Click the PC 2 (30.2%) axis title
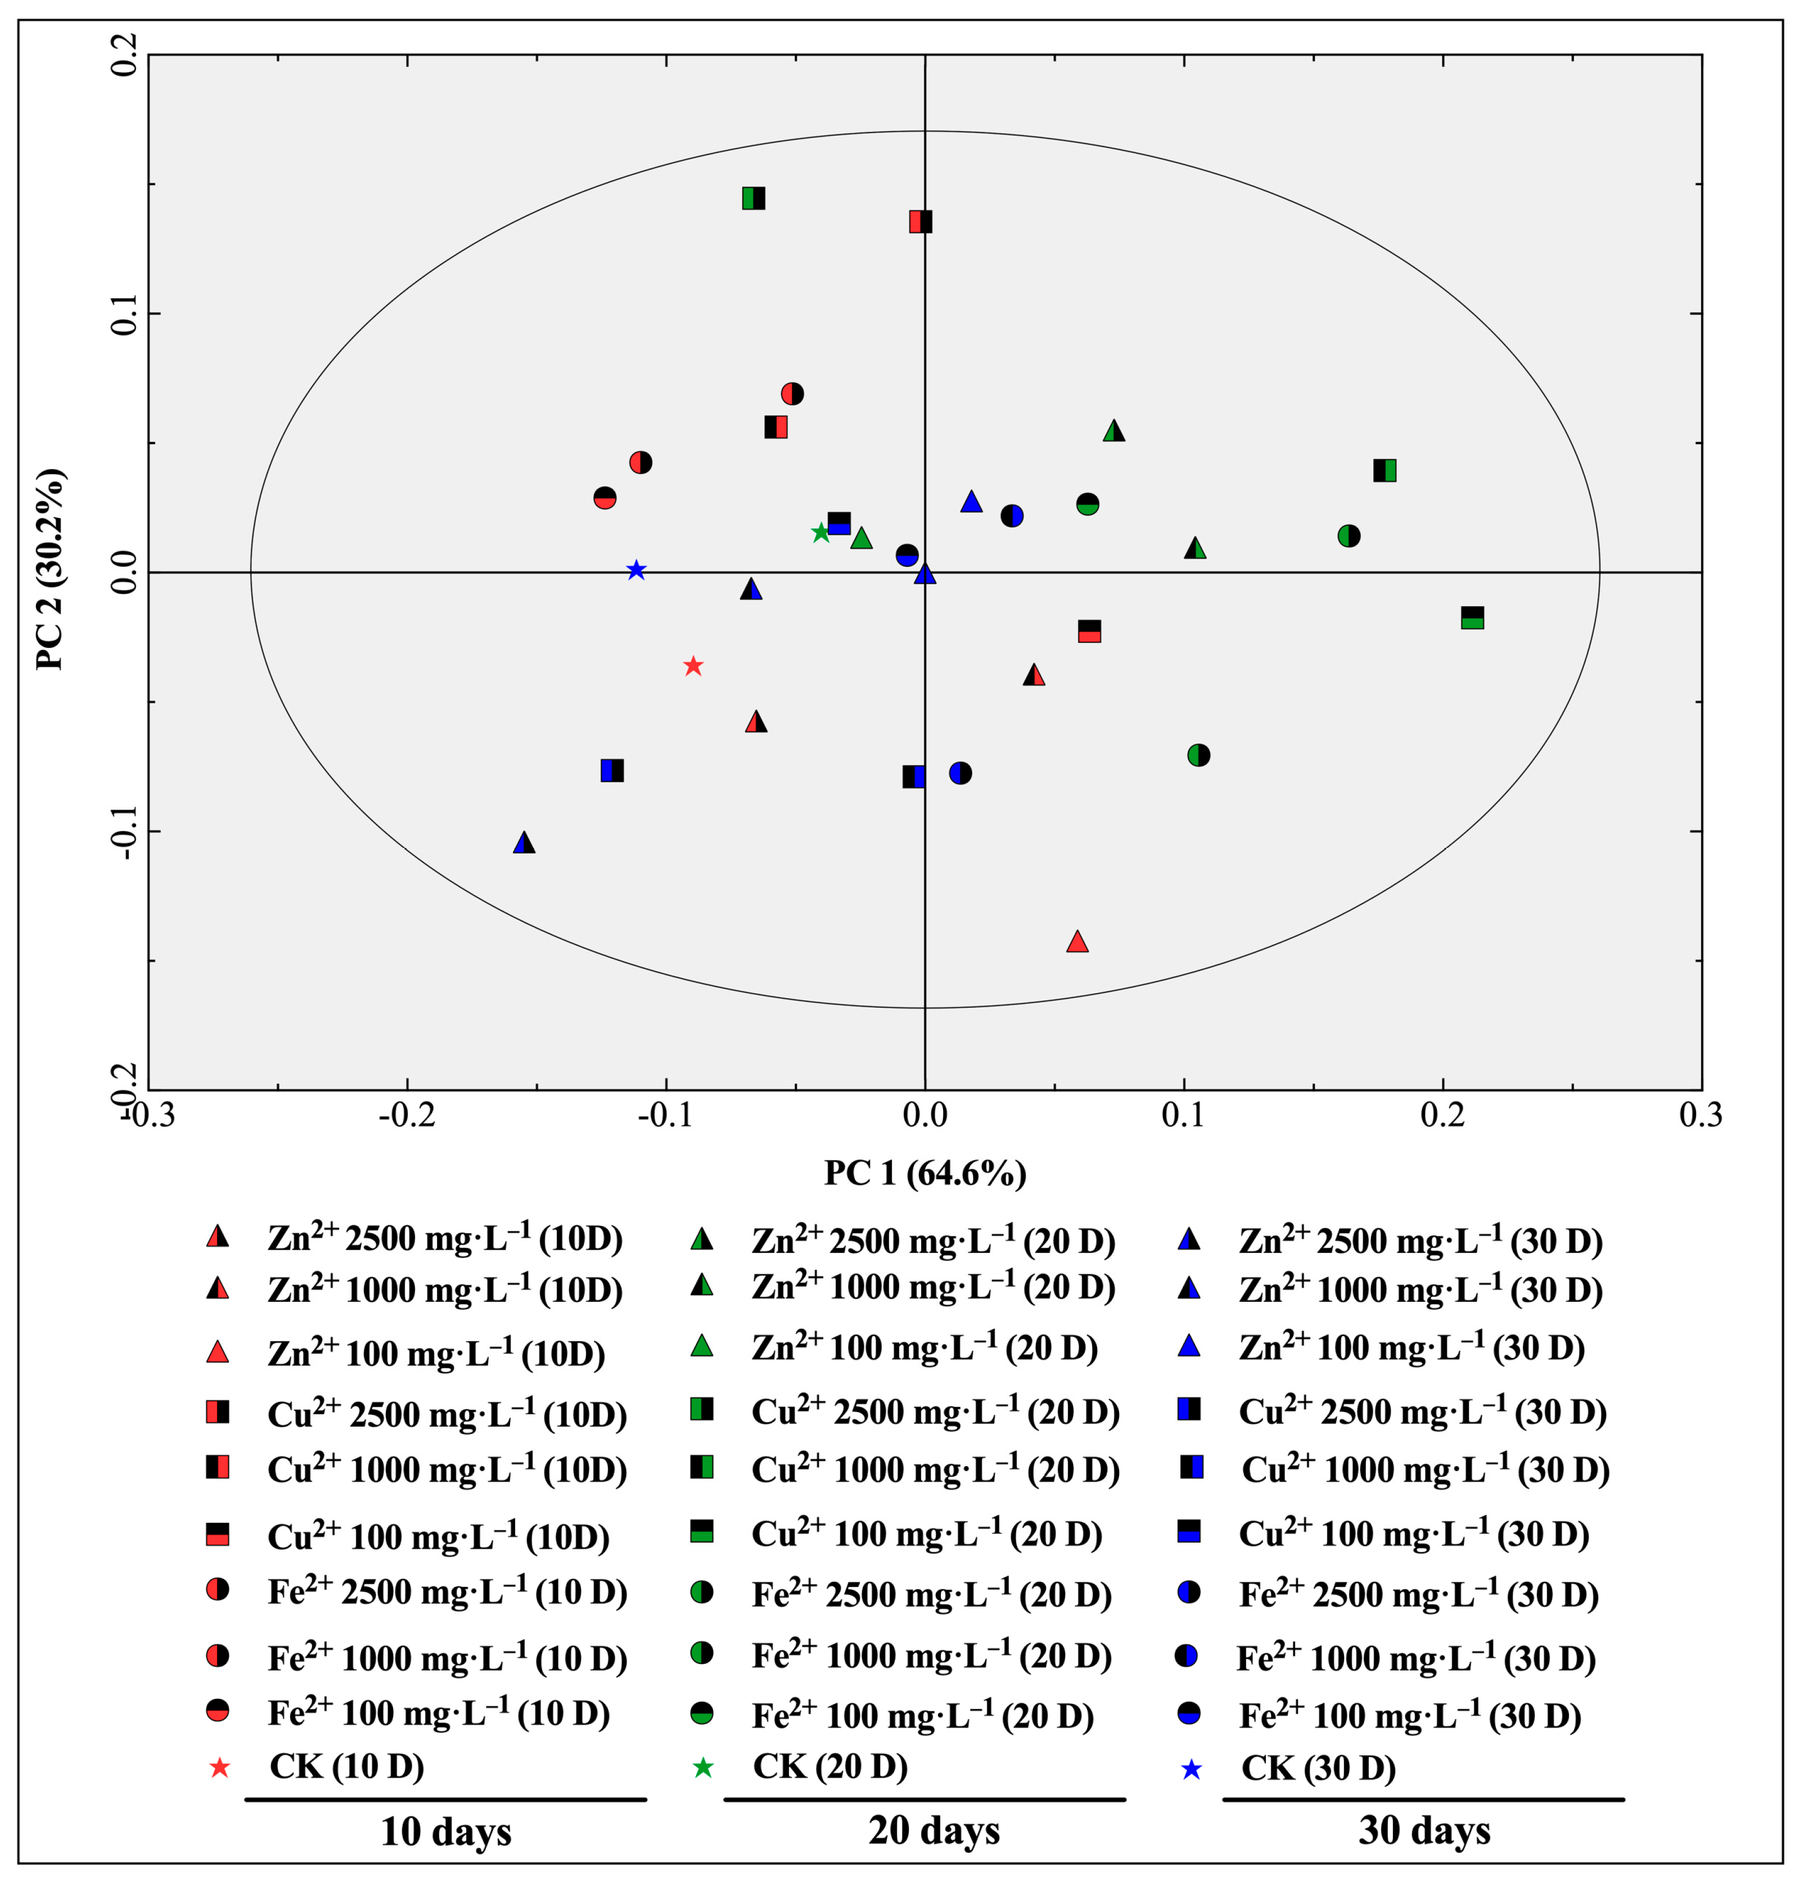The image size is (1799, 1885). tap(50, 570)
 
